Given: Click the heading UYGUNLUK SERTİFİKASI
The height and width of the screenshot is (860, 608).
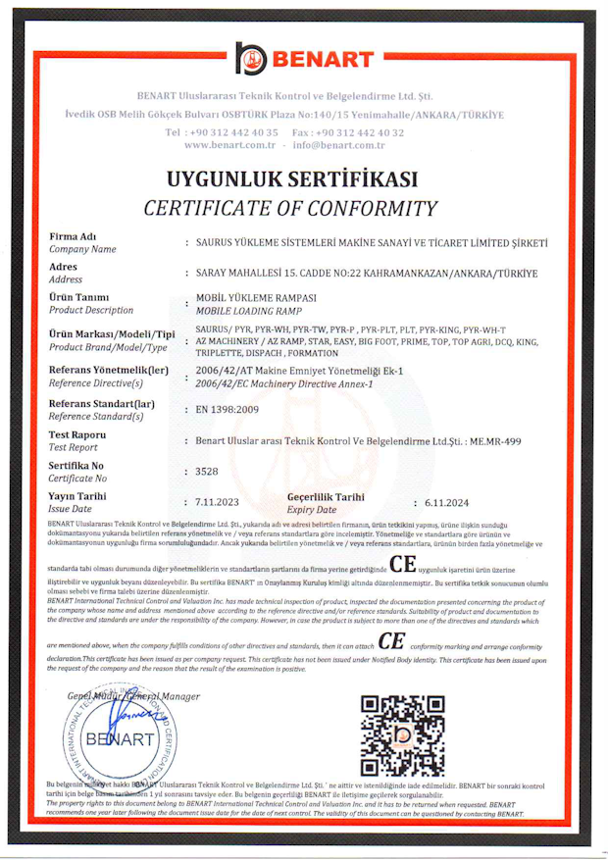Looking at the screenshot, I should click(x=291, y=179).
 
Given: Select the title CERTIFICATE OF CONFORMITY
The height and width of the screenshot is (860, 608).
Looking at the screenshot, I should click(x=290, y=208).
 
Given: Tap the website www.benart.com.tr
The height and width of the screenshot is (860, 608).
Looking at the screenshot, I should click(x=228, y=145).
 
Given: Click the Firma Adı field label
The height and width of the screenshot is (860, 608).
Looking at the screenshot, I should click(x=72, y=237).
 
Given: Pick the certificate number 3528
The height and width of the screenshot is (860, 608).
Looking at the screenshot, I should click(x=207, y=472).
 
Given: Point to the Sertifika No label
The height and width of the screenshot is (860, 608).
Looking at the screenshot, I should click(x=76, y=466).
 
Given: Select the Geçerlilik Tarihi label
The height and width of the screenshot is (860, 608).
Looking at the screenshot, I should click(x=327, y=497).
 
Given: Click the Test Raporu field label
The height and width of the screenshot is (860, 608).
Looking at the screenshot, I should click(x=77, y=434).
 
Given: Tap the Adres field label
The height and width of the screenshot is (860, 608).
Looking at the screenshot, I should click(x=64, y=267).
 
